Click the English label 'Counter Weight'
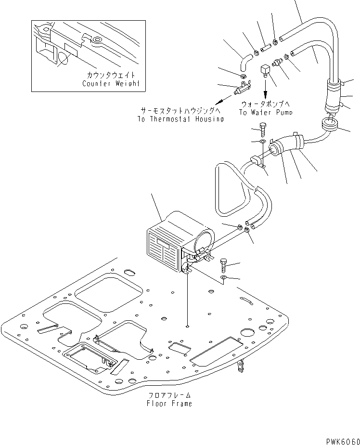tap(111, 83)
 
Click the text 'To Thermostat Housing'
tap(180, 119)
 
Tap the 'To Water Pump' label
tap(266, 112)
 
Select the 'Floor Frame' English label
tap(169, 403)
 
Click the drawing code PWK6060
tap(343, 441)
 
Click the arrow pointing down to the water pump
tap(266, 89)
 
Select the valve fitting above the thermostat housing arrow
tap(242, 88)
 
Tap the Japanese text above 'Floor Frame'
tap(169, 395)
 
